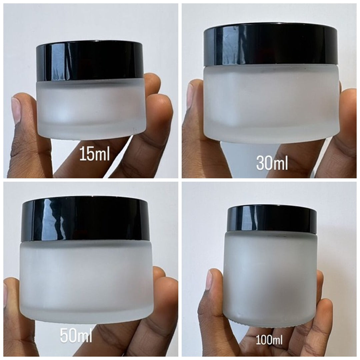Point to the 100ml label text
pyautogui.click(x=269, y=340)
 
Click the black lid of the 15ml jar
pyautogui.click(x=91, y=61)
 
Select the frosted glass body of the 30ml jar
pyautogui.click(x=272, y=103)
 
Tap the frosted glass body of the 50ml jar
pyautogui.click(x=86, y=280)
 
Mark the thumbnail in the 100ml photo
pyautogui.click(x=209, y=280)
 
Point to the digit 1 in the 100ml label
pyautogui.click(x=258, y=340)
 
